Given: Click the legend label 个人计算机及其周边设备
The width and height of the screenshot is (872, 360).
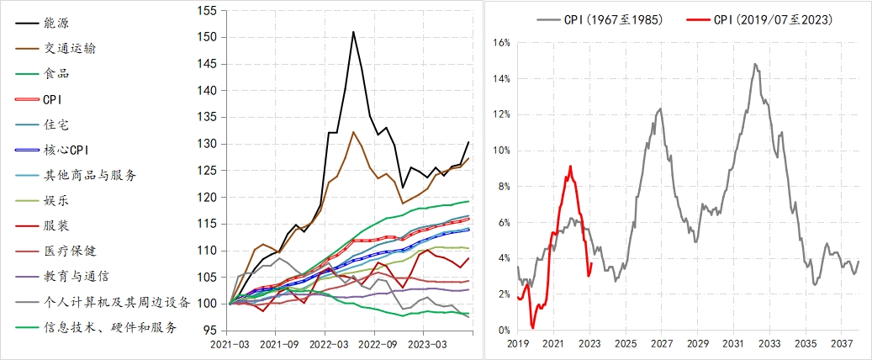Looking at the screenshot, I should [x=115, y=302].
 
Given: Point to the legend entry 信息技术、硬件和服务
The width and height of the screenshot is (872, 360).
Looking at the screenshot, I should [x=109, y=328].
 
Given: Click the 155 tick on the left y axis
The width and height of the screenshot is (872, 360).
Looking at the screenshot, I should [x=205, y=11].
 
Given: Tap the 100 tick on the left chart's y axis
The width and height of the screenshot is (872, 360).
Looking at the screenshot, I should [x=205, y=304].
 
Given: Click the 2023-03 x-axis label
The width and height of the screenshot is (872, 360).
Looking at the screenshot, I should [x=425, y=344].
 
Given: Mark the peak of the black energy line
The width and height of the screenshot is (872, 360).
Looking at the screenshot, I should [x=353, y=32].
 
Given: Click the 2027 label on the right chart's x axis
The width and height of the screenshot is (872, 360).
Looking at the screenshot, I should [x=661, y=344].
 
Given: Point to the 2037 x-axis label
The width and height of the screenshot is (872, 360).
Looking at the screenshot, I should [x=842, y=344].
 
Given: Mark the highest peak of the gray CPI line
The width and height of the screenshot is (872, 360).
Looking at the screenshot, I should [x=755, y=64].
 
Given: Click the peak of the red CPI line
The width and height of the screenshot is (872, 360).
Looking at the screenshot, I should [x=570, y=167].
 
